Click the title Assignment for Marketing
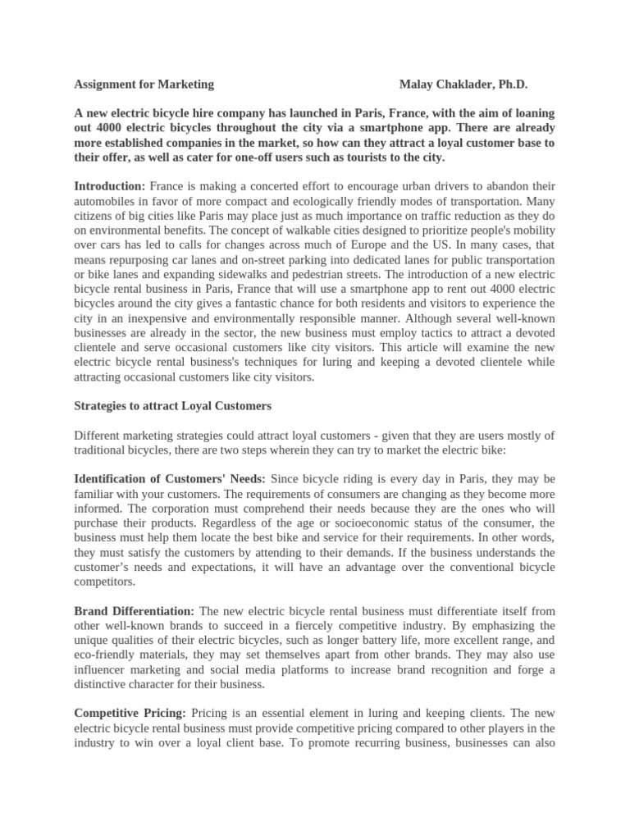pyautogui.click(x=144, y=84)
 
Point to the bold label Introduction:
pyautogui.click(x=110, y=186)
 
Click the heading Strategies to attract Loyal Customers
pyautogui.click(x=172, y=405)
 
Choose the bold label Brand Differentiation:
pyautogui.click(x=135, y=610)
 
